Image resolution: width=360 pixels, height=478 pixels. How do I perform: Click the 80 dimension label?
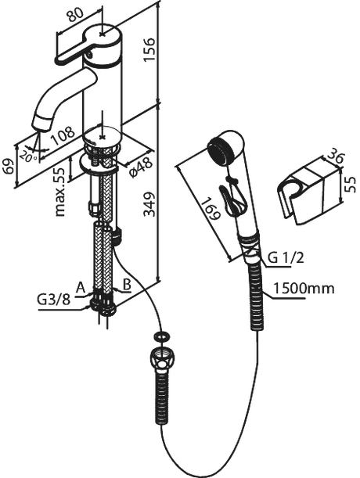[x=75, y=14]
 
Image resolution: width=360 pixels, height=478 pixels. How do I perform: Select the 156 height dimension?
[x=149, y=49]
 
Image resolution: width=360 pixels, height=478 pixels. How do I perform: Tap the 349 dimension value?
[x=149, y=204]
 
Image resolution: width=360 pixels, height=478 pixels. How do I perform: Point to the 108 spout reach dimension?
[x=63, y=135]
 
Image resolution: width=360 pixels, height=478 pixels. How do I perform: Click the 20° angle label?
[x=29, y=156]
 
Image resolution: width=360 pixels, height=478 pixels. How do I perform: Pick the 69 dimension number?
[x=9, y=166]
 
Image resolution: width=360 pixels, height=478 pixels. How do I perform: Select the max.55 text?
[x=60, y=192]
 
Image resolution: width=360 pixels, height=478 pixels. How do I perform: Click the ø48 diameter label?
[x=140, y=167]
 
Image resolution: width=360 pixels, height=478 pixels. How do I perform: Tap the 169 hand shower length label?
[x=211, y=209]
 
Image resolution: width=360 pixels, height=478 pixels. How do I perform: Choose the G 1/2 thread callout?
[x=286, y=258]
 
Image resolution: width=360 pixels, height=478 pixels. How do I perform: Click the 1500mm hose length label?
[x=304, y=288]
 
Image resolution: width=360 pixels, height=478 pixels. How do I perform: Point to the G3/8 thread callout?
[x=54, y=300]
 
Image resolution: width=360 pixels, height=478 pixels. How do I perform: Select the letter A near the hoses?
[x=81, y=287]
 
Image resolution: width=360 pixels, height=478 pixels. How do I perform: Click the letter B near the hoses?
[x=127, y=285]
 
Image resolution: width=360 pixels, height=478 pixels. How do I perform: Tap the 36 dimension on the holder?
[x=335, y=157]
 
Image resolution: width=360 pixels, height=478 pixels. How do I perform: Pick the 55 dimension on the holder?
[x=351, y=185]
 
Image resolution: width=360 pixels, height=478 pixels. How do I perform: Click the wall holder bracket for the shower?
[x=309, y=192]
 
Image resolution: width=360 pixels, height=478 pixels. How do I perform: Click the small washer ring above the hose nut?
[x=162, y=337]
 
